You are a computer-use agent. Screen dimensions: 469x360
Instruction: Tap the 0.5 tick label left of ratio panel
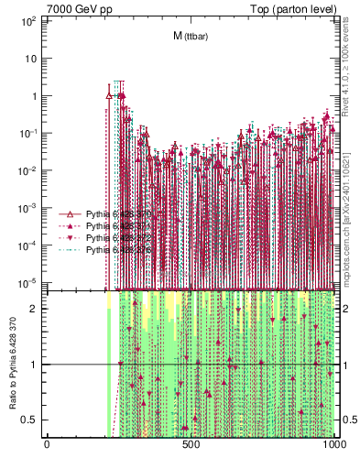pyautogui.click(x=29, y=420)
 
